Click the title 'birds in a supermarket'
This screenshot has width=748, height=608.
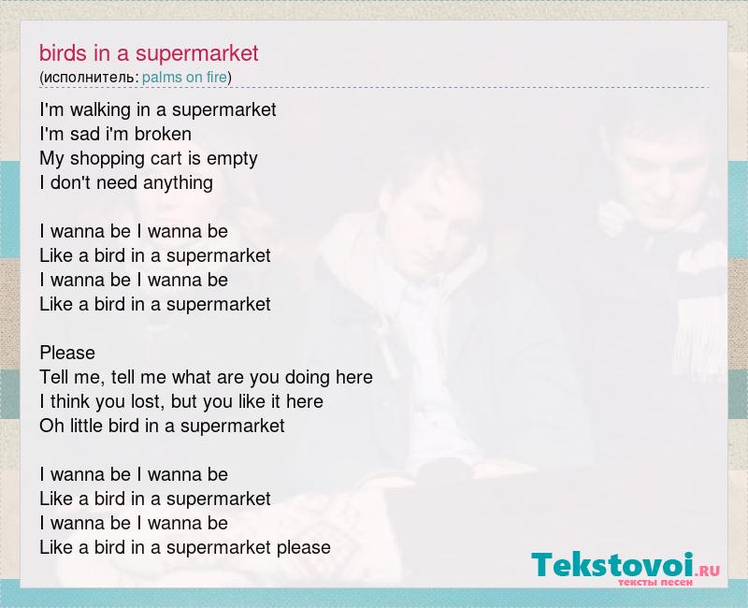coord(149,53)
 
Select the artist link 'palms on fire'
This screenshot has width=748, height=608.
coord(184,77)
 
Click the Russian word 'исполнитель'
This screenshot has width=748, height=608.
coord(90,78)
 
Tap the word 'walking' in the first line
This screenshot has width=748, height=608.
coord(100,110)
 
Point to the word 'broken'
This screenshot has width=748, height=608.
coord(163,134)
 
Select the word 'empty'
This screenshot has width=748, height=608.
coord(232,159)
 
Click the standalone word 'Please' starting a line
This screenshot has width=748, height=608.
coord(67,353)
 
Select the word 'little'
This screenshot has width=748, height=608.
coord(87,426)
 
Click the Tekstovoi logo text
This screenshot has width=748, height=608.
coord(612,565)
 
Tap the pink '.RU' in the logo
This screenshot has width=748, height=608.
coord(708,571)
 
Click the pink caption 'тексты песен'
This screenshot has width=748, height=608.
coord(655,582)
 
